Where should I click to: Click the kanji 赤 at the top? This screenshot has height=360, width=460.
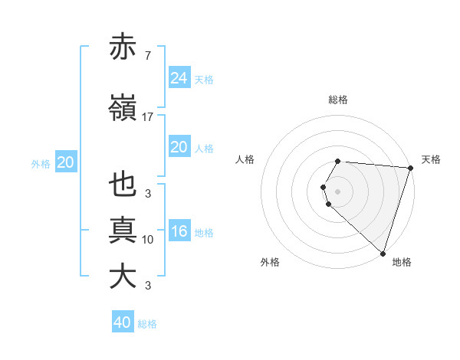(x=123, y=48)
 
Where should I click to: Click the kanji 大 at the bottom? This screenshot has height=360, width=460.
(x=123, y=276)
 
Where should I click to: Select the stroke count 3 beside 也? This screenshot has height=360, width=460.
(x=147, y=194)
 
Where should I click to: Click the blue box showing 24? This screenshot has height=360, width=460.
(x=179, y=78)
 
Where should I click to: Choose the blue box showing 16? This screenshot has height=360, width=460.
(x=179, y=231)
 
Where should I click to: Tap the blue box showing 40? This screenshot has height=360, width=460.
(x=123, y=322)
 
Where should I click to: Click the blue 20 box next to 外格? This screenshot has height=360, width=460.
(x=66, y=162)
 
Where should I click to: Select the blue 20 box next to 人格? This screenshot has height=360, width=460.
(x=179, y=147)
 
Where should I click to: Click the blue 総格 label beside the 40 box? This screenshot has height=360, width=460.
(x=147, y=324)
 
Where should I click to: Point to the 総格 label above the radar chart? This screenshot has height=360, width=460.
(x=338, y=100)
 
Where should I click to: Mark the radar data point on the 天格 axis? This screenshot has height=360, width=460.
(x=410, y=168)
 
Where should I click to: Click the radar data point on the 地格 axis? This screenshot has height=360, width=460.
(x=383, y=253)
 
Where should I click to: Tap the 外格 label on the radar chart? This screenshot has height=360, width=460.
(x=270, y=262)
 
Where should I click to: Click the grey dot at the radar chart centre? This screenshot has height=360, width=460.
(x=338, y=190)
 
